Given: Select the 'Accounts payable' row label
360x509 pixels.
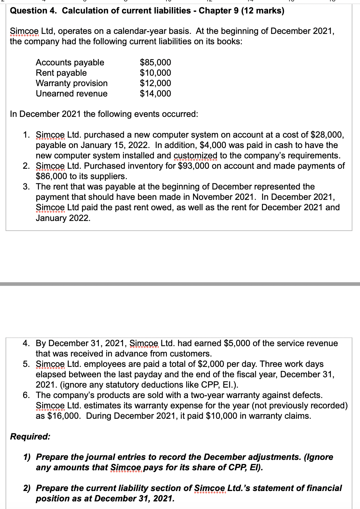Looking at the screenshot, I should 70,63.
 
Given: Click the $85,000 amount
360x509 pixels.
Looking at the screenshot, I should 155,63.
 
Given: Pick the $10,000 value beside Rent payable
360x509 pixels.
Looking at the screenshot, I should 155,73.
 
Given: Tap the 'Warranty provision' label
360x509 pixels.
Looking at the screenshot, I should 72,83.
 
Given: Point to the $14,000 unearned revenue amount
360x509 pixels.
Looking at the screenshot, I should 155,94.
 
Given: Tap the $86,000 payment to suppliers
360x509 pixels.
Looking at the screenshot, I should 51,176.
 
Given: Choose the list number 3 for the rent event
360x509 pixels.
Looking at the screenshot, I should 26,187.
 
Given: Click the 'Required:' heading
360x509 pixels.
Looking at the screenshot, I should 30,436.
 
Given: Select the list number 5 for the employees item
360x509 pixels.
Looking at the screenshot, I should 26,364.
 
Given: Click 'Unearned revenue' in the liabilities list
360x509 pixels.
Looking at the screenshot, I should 72,94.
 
